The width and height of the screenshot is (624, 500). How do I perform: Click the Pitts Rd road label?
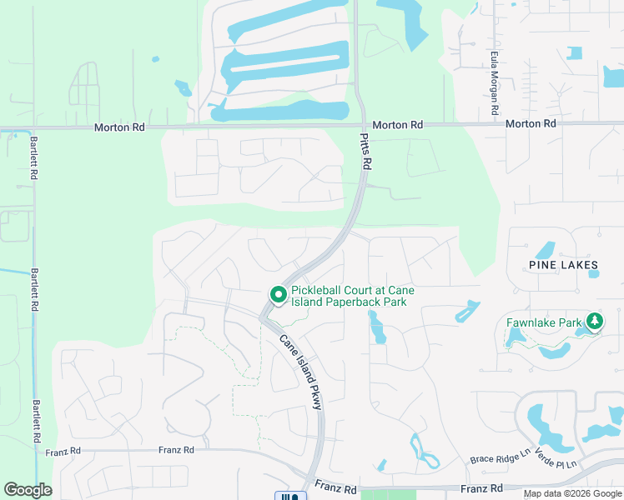[x=365, y=152]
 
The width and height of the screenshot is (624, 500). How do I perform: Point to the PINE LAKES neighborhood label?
[x=563, y=265]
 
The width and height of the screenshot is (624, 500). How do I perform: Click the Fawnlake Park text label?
[x=543, y=322]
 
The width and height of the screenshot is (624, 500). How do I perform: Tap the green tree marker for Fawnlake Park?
[x=594, y=321]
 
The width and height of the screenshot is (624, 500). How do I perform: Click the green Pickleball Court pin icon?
[x=277, y=295]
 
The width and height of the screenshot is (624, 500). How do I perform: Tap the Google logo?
[x=28, y=490]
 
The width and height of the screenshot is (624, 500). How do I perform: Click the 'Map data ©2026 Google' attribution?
[x=571, y=493]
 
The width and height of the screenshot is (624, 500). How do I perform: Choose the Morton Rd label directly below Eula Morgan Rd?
[x=531, y=123]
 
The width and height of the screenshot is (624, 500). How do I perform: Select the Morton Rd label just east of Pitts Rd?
[x=397, y=124]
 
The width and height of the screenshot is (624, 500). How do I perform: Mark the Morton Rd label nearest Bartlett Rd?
[x=119, y=127]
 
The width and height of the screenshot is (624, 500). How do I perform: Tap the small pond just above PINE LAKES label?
[x=545, y=249]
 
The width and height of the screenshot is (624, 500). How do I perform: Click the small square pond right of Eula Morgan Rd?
[x=574, y=53]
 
